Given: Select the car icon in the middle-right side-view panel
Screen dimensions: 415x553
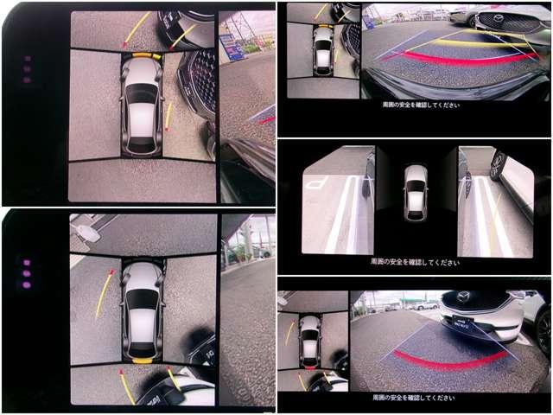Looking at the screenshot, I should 416,192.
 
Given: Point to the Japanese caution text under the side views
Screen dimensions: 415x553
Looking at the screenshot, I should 415,260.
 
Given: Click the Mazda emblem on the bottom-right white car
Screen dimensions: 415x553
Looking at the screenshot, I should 463,297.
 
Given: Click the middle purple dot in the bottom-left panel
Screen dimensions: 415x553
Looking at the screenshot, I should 27,272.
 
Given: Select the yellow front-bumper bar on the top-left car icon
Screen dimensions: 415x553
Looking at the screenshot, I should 142,56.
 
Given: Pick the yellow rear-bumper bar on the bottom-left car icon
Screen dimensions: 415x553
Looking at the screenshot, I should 143,360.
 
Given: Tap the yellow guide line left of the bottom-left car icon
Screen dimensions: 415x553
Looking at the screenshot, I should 104,294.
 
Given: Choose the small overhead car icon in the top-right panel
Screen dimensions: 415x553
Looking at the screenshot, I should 324,50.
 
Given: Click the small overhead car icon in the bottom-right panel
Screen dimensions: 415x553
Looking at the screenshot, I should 309,341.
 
